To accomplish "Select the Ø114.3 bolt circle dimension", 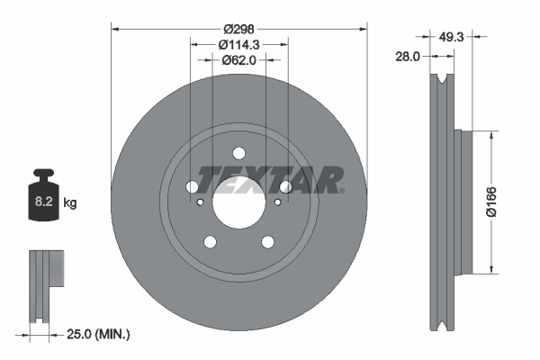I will [238, 44].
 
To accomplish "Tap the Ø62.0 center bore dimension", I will [238, 60].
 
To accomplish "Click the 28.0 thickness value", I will [408, 56].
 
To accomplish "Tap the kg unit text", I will [70, 203].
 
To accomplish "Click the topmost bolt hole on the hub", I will [238, 153].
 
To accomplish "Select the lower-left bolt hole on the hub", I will [211, 241].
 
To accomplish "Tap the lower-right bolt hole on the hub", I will [266, 241].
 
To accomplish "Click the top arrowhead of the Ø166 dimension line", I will [490, 134].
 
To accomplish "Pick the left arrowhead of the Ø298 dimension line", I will [113, 29].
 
